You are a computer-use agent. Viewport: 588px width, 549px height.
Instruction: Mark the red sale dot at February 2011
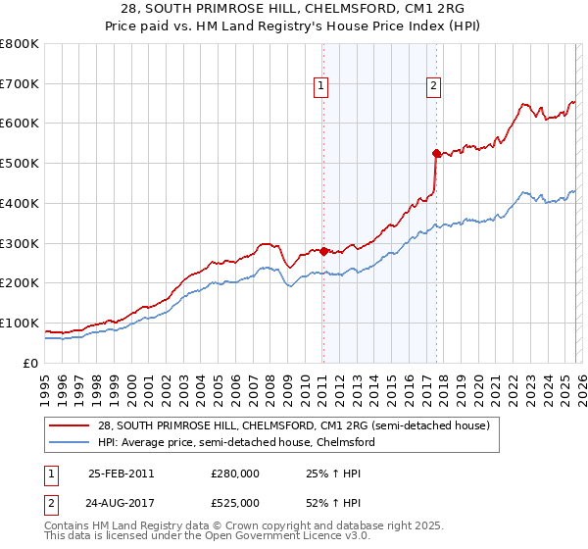tap(323, 251)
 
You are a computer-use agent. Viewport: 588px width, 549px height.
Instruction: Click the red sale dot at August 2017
tap(435, 153)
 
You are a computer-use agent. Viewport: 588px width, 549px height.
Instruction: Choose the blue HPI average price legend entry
tap(235, 442)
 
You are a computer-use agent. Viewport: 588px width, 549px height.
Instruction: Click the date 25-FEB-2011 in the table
tap(121, 473)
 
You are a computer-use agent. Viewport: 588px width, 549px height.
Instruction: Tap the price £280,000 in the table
tap(234, 473)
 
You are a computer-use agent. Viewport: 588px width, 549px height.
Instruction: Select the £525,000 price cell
tap(234, 502)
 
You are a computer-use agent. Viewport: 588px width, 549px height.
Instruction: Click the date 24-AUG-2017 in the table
tap(121, 502)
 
